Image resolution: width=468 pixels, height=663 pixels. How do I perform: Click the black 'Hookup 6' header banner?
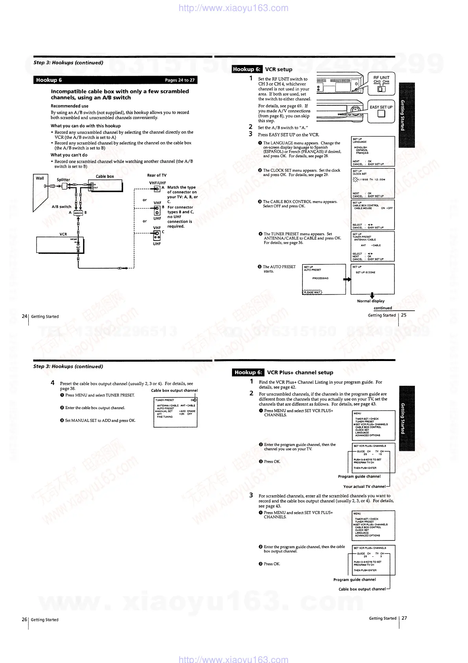[115, 80]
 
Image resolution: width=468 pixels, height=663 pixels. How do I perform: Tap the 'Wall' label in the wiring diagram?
[40, 178]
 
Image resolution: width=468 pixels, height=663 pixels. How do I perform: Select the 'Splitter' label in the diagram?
[63, 180]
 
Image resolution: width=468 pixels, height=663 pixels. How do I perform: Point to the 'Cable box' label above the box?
[105, 176]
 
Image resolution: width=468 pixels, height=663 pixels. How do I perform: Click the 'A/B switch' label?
[62, 207]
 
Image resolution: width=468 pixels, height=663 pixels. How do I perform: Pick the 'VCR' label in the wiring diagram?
[63, 234]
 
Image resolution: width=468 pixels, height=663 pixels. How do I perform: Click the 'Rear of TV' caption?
[157, 175]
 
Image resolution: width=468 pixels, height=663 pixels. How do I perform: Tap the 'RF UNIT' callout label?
[381, 78]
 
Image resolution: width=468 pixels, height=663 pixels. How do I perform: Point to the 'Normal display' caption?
[371, 301]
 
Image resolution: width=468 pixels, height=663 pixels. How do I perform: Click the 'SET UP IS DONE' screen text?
[365, 272]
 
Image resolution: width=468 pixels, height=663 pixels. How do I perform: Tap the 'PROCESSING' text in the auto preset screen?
[320, 278]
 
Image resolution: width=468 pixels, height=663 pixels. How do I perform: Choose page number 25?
[404, 315]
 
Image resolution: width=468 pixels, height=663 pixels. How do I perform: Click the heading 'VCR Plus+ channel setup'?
[300, 372]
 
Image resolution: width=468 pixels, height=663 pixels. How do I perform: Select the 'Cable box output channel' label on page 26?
[174, 391]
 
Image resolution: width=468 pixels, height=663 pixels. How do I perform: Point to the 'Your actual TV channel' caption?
[364, 487]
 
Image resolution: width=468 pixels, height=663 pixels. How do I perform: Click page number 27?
[404, 618]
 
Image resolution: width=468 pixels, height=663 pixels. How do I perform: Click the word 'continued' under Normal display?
[383, 308]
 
